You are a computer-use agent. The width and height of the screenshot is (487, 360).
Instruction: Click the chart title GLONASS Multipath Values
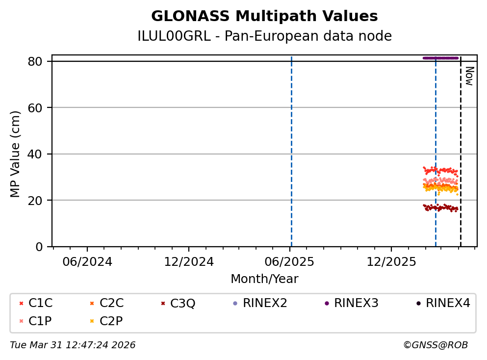pyautogui.click(x=264, y=16)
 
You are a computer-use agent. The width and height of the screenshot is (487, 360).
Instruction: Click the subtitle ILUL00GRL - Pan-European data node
pyautogui.click(x=264, y=36)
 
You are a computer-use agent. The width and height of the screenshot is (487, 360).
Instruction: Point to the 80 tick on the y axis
pyautogui.click(x=39, y=61)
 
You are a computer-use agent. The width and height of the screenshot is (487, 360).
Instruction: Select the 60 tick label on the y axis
pyautogui.click(x=39, y=108)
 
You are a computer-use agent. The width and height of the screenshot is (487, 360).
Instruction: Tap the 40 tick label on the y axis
pyautogui.click(x=39, y=154)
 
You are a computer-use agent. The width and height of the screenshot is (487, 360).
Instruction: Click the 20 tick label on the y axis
pyautogui.click(x=39, y=200)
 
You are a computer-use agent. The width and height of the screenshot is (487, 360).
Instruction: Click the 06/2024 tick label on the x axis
pyautogui.click(x=87, y=261)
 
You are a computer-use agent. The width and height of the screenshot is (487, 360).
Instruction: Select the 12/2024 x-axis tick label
pyautogui.click(x=189, y=261)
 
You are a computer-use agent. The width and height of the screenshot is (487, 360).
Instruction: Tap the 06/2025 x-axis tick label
pyautogui.click(x=290, y=261)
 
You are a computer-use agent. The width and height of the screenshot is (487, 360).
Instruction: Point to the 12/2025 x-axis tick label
pyautogui.click(x=391, y=261)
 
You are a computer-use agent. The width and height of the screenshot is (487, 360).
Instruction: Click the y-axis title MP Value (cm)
pyautogui.click(x=16, y=154)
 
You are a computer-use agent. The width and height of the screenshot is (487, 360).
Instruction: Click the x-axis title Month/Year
pyautogui.click(x=264, y=279)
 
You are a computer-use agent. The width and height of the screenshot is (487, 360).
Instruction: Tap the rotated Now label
pyautogui.click(x=469, y=76)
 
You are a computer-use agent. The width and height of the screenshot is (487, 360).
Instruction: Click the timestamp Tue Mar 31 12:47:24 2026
pyautogui.click(x=73, y=345)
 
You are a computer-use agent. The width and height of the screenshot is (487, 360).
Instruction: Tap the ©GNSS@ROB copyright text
pyautogui.click(x=435, y=345)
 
